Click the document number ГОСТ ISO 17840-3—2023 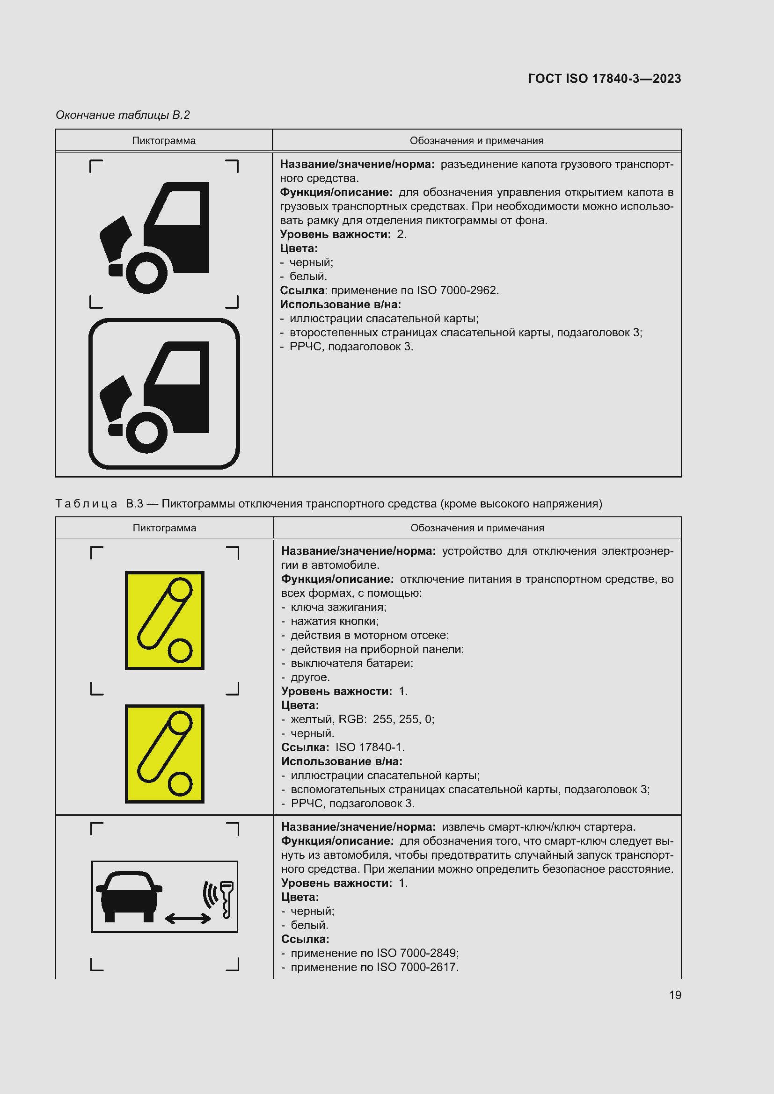click(604, 79)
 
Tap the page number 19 click(675, 995)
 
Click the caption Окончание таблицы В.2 click(123, 115)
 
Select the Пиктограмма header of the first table click(163, 141)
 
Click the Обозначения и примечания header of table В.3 click(477, 528)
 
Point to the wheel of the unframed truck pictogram click(146, 273)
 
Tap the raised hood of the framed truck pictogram click(114, 397)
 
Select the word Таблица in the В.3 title click(86, 504)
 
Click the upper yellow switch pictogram click(164, 620)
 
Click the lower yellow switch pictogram click(164, 754)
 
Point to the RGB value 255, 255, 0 click(403, 719)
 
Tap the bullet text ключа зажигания click(338, 607)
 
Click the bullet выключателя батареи click(352, 663)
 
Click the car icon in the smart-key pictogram click(129, 896)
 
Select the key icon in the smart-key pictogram click(226, 898)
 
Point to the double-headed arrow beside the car click(188, 918)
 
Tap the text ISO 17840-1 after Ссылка click(369, 747)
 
